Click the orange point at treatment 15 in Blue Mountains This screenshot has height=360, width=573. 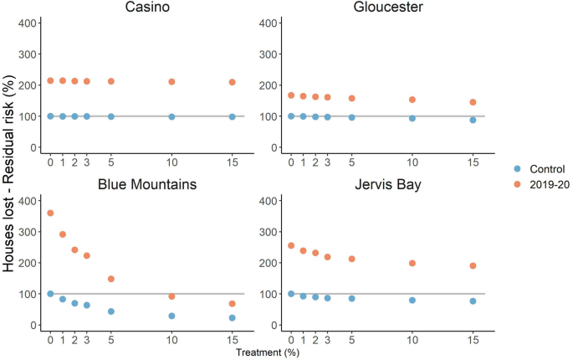(x=232, y=304)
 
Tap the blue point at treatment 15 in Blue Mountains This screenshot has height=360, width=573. (x=232, y=318)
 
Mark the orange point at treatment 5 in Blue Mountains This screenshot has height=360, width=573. (x=110, y=279)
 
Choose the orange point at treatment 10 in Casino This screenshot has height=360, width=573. (x=171, y=82)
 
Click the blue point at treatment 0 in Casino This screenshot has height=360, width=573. (x=50, y=116)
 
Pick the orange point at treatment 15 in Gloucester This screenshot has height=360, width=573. (x=473, y=102)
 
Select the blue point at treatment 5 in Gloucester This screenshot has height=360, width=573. (x=351, y=118)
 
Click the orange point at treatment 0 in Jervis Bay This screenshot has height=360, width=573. (x=291, y=246)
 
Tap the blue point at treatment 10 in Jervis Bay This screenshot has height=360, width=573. (x=412, y=300)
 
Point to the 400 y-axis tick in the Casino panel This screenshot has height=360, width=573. (x=28, y=23)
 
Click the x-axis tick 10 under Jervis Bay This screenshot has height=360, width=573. (x=412, y=339)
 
